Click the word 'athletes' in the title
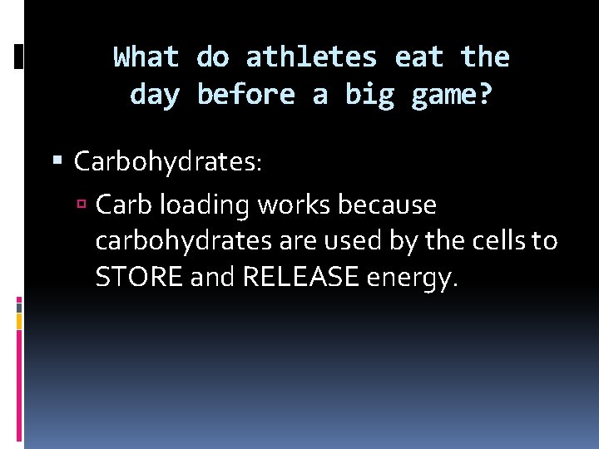(311, 57)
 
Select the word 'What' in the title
(146, 57)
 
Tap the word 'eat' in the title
(419, 57)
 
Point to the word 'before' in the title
(245, 95)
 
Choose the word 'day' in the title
(155, 95)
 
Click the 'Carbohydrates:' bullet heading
(168, 161)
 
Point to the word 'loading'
(196, 205)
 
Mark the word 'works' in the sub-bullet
(283, 204)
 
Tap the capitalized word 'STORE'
(139, 278)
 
